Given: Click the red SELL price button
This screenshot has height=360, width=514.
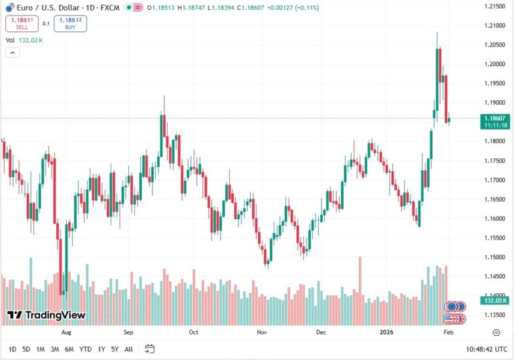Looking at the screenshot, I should click(x=22, y=24).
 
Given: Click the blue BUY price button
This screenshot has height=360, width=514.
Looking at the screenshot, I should click(x=71, y=24).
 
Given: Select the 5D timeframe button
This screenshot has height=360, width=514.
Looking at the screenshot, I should click(x=26, y=349).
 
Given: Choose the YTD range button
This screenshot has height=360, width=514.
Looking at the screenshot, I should click(x=85, y=349).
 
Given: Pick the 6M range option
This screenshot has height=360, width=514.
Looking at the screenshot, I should click(x=69, y=349).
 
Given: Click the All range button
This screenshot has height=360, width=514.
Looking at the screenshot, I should click(x=128, y=349).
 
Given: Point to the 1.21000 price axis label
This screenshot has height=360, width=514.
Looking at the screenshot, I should click(x=494, y=26).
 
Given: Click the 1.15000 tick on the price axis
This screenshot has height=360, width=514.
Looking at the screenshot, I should click(x=494, y=257).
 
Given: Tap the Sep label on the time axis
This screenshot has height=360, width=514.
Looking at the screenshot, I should click(x=128, y=333).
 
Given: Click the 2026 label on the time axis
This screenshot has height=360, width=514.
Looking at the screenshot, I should click(x=389, y=333).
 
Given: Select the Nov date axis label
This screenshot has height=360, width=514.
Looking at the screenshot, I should click(x=261, y=333).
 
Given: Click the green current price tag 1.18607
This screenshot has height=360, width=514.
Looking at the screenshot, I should click(x=494, y=118).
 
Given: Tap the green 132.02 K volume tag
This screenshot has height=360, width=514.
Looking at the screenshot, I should click(x=494, y=300).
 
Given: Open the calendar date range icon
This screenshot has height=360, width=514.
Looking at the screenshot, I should click(x=149, y=349).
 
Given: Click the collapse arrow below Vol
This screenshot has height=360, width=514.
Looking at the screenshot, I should click(x=12, y=52).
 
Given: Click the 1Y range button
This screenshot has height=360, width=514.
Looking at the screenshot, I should click(x=101, y=349).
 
